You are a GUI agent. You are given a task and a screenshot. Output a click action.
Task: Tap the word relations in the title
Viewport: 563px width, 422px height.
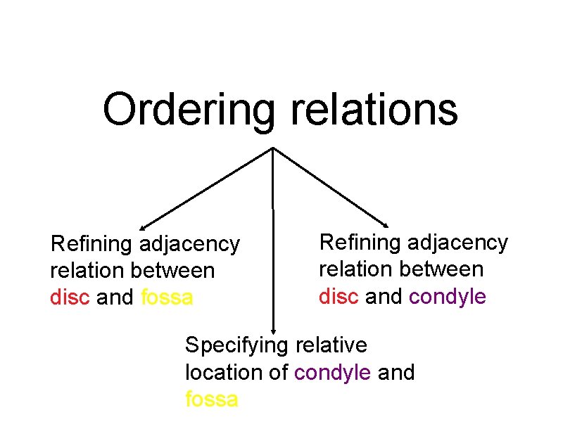tap(373, 110)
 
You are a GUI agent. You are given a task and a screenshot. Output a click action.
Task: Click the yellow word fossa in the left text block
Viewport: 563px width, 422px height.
tap(167, 298)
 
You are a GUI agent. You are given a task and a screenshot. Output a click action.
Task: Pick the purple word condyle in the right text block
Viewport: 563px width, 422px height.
tap(448, 297)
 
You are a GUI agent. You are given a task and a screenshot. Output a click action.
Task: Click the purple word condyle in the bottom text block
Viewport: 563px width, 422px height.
tap(333, 373)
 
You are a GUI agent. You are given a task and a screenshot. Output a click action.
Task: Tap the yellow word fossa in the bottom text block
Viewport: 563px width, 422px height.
tap(211, 399)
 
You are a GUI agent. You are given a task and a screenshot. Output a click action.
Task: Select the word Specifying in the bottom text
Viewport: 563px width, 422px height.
tap(236, 346)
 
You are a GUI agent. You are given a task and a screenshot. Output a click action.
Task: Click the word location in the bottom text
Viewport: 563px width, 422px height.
tap(225, 373)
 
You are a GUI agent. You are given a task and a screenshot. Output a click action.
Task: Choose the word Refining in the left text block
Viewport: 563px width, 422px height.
tap(92, 244)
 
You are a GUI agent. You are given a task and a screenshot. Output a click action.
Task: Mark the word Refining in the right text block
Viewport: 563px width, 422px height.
tap(361, 243)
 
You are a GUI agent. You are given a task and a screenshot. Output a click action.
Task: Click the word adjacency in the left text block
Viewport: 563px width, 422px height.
tap(190, 245)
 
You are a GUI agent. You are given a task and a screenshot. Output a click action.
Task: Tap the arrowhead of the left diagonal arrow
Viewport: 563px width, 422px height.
tap(144, 227)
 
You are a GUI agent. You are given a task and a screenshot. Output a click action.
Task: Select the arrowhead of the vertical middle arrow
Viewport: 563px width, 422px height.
tap(274, 329)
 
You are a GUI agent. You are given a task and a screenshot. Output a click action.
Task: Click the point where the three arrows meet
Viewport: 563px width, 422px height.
tap(273, 148)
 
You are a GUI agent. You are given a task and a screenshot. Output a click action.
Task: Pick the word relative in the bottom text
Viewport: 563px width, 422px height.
tap(331, 345)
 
